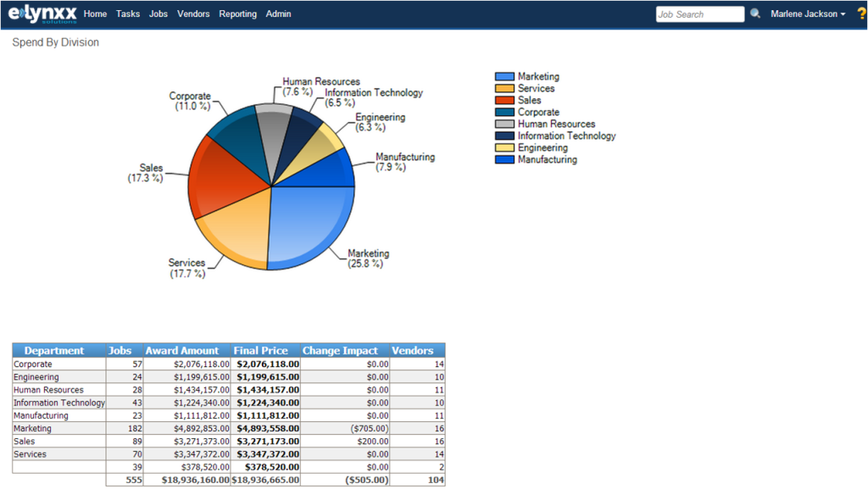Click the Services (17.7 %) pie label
point(187,269)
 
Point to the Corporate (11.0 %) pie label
point(190,101)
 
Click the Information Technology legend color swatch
point(504,136)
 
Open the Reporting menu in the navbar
point(237,14)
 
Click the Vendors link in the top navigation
point(193,14)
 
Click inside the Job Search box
point(699,14)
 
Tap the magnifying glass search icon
point(755,14)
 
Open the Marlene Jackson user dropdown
point(808,14)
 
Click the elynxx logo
point(42,14)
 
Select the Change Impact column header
point(340,351)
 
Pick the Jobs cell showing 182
point(135,429)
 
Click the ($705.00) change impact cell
point(370,429)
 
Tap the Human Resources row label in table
point(48,390)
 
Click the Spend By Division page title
point(55,42)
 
